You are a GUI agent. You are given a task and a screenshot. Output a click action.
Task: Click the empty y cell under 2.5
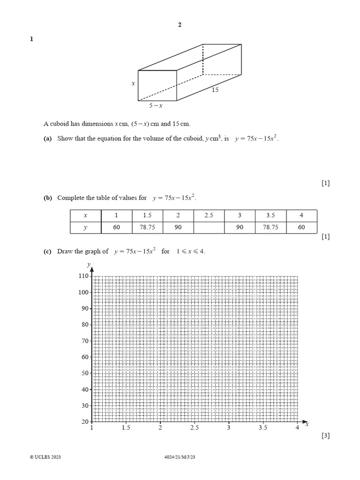click(x=209, y=227)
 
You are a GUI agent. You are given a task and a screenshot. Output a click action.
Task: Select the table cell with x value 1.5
click(x=147, y=215)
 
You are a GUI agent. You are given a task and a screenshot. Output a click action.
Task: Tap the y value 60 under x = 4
click(x=301, y=227)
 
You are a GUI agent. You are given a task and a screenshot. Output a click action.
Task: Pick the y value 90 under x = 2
click(x=178, y=227)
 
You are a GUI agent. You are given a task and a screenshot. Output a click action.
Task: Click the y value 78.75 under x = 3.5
click(x=270, y=227)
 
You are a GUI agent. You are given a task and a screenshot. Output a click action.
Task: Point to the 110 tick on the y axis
click(x=84, y=276)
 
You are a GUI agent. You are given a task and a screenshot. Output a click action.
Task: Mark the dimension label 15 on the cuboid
click(x=215, y=90)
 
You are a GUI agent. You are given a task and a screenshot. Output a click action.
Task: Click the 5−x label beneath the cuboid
click(x=156, y=106)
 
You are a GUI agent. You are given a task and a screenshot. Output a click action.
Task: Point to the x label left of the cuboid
click(x=133, y=83)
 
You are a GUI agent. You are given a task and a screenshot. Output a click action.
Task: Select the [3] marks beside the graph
click(x=326, y=436)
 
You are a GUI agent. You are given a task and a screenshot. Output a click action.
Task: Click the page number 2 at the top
click(x=180, y=25)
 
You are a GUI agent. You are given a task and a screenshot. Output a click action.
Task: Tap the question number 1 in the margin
click(x=31, y=39)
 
